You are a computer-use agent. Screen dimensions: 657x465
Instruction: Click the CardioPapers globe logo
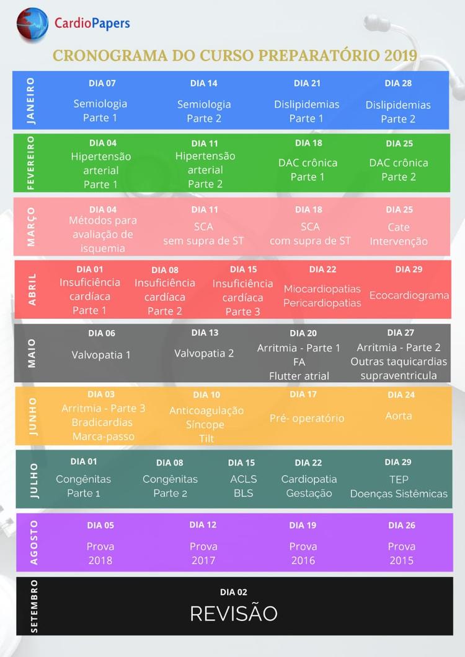click(32, 25)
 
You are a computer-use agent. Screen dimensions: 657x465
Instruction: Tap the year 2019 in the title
click(401, 55)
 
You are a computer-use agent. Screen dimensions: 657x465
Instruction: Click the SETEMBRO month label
click(33, 606)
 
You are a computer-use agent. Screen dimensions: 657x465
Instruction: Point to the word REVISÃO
click(233, 613)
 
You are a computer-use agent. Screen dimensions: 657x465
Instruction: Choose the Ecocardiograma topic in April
click(409, 295)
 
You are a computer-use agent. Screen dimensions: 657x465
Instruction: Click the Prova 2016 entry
click(303, 554)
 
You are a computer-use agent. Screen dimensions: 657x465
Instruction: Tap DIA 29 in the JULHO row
click(397, 462)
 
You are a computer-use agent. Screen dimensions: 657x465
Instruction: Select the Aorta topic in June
click(399, 416)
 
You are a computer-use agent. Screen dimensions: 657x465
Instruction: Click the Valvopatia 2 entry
click(204, 354)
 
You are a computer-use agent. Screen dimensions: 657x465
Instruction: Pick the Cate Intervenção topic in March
click(399, 234)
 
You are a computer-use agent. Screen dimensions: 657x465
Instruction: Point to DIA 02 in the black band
click(233, 592)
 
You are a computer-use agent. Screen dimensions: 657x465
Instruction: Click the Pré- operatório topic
click(307, 418)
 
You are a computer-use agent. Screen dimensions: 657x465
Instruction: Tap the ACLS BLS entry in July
click(243, 486)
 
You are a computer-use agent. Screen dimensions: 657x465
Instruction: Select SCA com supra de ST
click(310, 233)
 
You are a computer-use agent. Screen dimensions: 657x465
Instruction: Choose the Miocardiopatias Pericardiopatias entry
click(322, 295)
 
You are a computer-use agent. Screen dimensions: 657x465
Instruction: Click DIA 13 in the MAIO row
click(205, 333)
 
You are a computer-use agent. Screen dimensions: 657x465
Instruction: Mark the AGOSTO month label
click(33, 542)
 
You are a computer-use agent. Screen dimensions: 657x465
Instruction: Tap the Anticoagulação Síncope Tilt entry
click(206, 424)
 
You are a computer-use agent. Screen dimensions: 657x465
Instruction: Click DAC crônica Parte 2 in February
click(399, 170)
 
